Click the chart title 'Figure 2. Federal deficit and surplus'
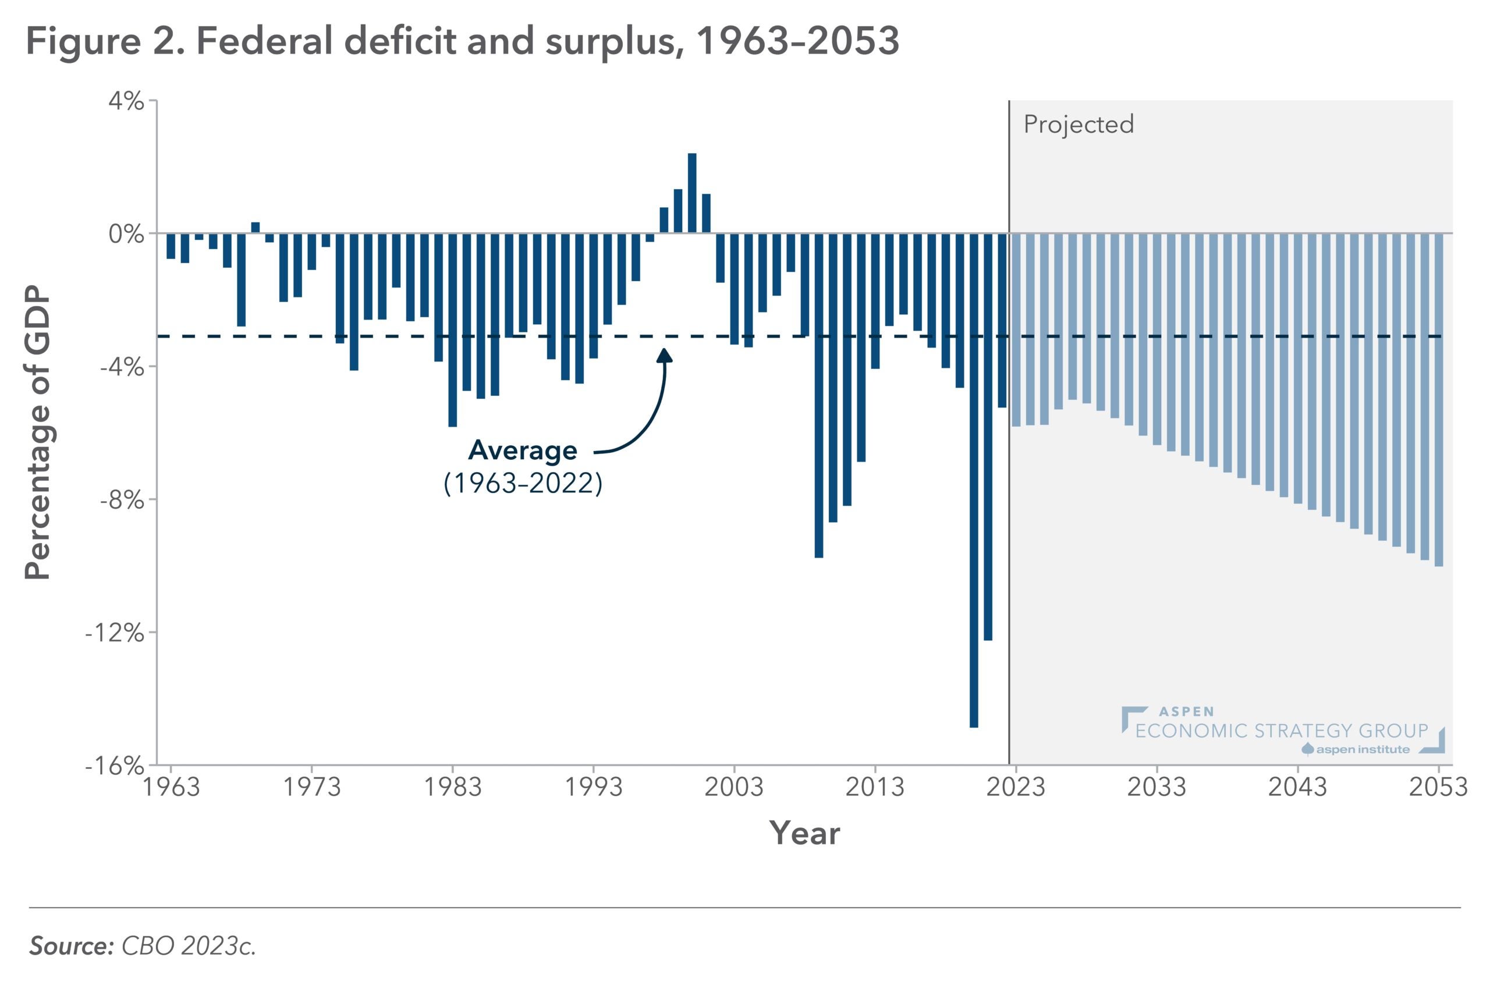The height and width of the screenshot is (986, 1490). coord(462,41)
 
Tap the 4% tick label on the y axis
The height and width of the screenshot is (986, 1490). coord(126,102)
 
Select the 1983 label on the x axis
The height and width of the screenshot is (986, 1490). coord(453,788)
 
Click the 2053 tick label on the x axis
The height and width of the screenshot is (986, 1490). coord(1438,788)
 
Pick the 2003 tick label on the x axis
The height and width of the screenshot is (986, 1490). coord(734,788)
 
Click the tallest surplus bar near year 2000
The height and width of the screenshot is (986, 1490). coord(691,193)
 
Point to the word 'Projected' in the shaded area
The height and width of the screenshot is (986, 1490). coord(1078,125)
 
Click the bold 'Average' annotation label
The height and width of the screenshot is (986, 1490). coord(523,451)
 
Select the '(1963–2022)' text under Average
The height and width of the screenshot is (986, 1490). coord(523,484)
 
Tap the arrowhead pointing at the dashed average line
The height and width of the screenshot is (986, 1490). coord(665,356)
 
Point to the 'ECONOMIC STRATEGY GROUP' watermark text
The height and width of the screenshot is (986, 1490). coord(1281,730)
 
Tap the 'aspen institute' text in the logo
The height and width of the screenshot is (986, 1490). coord(1363,750)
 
